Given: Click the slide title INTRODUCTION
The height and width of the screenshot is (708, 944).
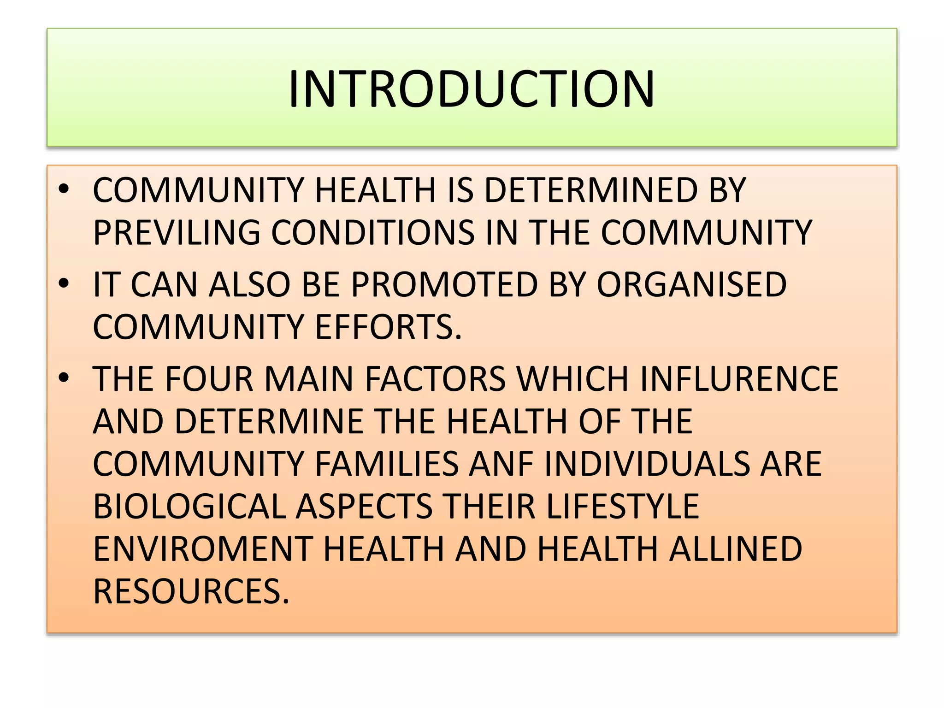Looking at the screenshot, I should [x=471, y=88].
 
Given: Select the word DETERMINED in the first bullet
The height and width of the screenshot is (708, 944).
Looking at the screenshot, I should [x=591, y=190].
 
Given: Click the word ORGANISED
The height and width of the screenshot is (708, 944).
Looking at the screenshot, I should [x=691, y=284].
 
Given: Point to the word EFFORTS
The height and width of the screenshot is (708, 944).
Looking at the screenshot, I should [x=388, y=327].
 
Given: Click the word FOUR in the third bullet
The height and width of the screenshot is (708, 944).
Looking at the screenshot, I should [x=209, y=379].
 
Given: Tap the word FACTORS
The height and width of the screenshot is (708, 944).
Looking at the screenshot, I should [x=435, y=379].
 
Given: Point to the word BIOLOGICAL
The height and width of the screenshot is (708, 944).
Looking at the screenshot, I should [x=189, y=506].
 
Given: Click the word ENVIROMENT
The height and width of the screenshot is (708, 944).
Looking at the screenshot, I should [x=203, y=549].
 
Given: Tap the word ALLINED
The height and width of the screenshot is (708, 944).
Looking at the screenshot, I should [x=736, y=549].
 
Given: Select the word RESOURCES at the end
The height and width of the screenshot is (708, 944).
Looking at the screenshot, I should [x=191, y=591].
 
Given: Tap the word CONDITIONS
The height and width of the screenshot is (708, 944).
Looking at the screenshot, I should [x=372, y=232].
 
